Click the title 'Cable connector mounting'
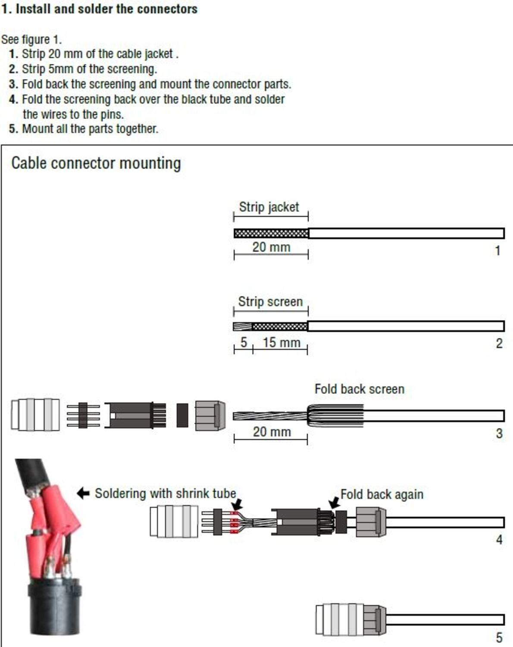click(x=96, y=163)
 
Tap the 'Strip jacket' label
click(x=269, y=207)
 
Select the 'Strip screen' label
click(x=270, y=302)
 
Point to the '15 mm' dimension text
click(x=281, y=343)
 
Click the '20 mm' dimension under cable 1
click(x=271, y=247)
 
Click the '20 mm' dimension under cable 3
click(x=271, y=432)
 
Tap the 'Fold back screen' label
click(x=359, y=389)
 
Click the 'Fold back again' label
click(x=382, y=494)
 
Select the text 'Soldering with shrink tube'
click(x=165, y=493)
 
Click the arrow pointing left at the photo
click(x=83, y=493)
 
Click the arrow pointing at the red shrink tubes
click(x=237, y=504)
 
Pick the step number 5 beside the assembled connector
click(x=499, y=637)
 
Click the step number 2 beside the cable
click(x=499, y=343)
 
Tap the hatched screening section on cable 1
click(x=271, y=233)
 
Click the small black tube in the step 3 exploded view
click(x=182, y=415)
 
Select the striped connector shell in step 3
click(x=35, y=415)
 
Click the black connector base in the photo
click(x=55, y=608)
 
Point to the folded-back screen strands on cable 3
click(x=335, y=415)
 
